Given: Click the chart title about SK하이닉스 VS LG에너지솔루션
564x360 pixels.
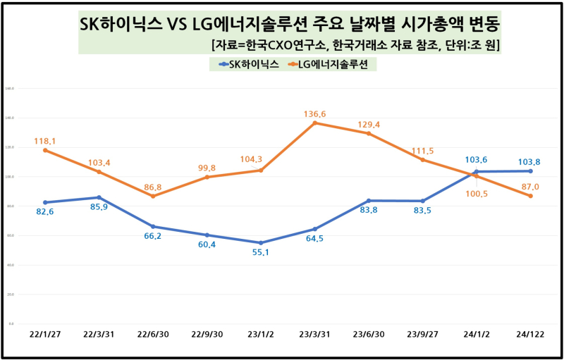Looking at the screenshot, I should (x=289, y=26).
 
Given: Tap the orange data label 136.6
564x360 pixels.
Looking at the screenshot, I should (x=315, y=113).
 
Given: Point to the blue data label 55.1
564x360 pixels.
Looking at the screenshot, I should (x=262, y=252).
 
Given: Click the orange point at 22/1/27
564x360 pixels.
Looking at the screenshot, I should (x=45, y=150).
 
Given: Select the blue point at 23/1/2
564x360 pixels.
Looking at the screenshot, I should (x=261, y=242).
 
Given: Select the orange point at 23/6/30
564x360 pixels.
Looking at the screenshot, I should (x=369, y=133).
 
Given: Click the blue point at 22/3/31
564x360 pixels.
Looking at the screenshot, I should (x=99, y=197).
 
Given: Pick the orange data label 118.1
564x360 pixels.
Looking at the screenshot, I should (x=45, y=141).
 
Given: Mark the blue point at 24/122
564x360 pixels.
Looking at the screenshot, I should (x=530, y=171).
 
